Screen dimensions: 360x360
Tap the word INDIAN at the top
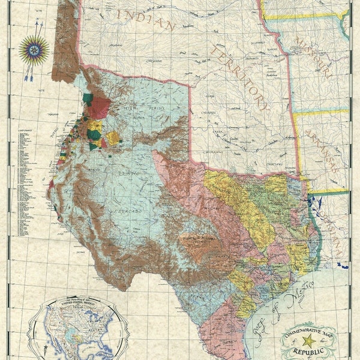pos(146,22)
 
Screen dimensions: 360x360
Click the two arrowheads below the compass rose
pos(28,75)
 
